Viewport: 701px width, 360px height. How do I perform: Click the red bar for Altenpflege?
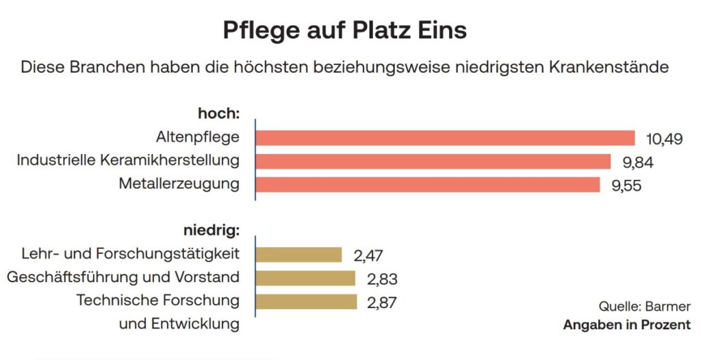click(x=445, y=138)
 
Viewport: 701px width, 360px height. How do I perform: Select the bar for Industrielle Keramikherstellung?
click(x=433, y=162)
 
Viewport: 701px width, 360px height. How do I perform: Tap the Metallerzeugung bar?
click(x=427, y=185)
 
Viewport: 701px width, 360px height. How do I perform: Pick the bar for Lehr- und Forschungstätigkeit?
click(x=298, y=255)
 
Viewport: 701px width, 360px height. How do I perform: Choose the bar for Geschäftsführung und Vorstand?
click(x=305, y=278)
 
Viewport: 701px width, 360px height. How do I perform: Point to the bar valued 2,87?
click(x=306, y=301)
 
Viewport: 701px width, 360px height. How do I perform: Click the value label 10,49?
click(x=664, y=139)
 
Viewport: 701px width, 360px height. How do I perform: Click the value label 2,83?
click(x=381, y=279)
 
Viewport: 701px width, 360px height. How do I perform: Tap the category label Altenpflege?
click(x=197, y=138)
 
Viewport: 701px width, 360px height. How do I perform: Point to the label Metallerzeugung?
click(x=179, y=184)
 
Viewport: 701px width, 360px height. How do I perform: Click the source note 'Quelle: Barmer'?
click(x=645, y=306)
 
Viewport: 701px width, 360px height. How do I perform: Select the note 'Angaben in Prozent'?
click(x=626, y=325)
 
